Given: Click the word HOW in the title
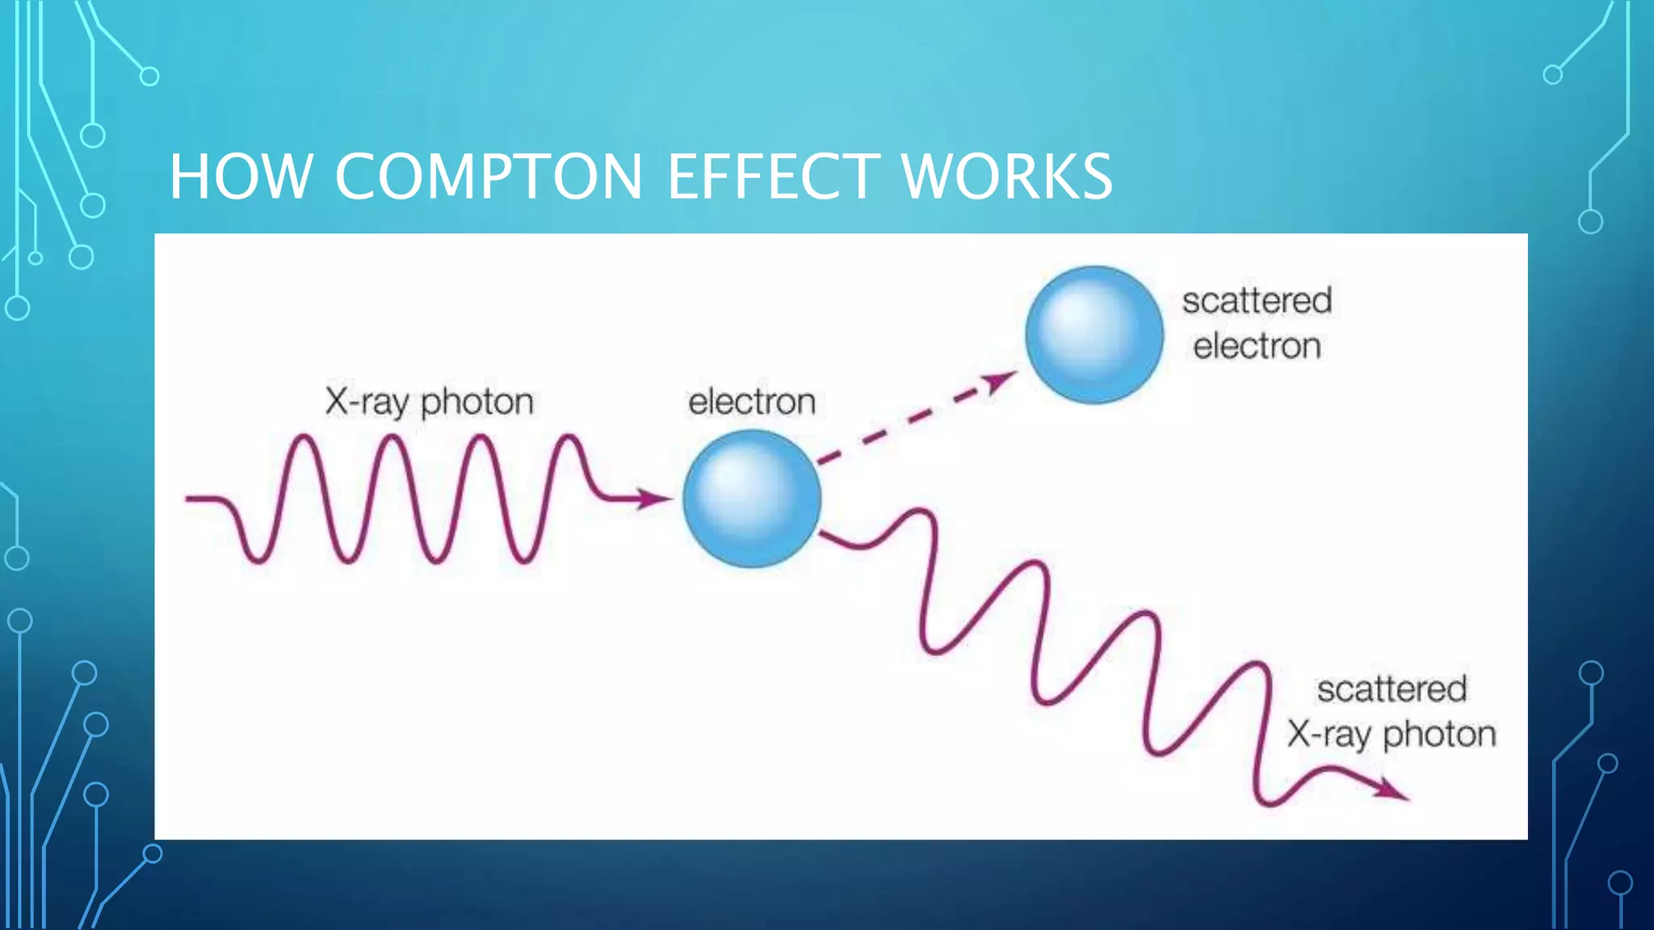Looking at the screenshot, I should (240, 177).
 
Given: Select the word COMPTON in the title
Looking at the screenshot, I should (488, 177).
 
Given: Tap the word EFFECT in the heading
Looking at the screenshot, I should (774, 177).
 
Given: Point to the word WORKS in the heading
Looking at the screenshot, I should (1006, 177).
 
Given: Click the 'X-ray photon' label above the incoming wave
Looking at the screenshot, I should (429, 401).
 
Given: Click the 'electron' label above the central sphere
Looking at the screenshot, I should (751, 401).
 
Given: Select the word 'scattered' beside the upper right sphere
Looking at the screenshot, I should (1257, 301).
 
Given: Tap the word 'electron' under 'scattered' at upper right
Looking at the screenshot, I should (1257, 346).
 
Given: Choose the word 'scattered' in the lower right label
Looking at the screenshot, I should (1392, 689).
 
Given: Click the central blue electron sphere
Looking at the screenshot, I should (752, 498).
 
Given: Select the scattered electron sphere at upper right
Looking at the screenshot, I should (1094, 334).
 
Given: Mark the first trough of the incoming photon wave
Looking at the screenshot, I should (258, 559).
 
